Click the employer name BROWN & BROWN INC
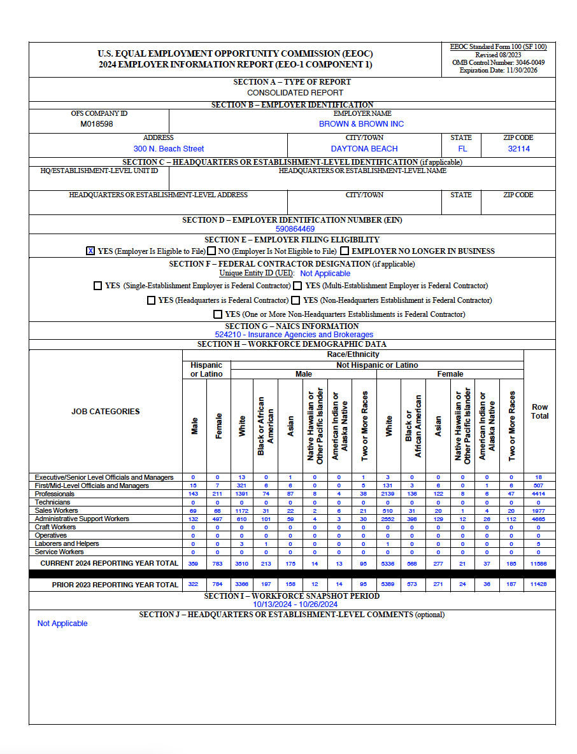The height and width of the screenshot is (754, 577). pos(361,124)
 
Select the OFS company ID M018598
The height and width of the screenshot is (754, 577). pos(97,124)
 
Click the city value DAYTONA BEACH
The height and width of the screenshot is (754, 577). pos(364,149)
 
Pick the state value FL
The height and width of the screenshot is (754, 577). pos(462,149)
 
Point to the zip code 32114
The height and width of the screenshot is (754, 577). pos(518,149)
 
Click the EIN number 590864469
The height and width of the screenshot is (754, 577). pos(295,229)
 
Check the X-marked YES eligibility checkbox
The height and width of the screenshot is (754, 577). pos(90,251)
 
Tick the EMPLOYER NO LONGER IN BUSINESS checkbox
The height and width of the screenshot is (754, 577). pos(345,251)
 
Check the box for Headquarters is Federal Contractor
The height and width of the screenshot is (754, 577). pos(151,300)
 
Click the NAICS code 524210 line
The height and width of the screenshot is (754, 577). pos(294,335)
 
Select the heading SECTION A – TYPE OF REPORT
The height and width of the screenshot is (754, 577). pos(292,82)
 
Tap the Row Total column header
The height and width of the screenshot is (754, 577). pos(539,411)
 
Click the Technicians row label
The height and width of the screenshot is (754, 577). pos(53,503)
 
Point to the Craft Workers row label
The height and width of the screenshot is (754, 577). pos(55,527)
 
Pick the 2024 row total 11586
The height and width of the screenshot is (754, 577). pos(539,564)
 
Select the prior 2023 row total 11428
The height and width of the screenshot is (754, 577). pos(539,585)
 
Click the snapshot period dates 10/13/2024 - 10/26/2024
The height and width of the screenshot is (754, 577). pos(295,604)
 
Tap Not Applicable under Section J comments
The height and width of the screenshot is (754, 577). pos(62,624)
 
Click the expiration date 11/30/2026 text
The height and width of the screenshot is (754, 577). pos(499,71)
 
